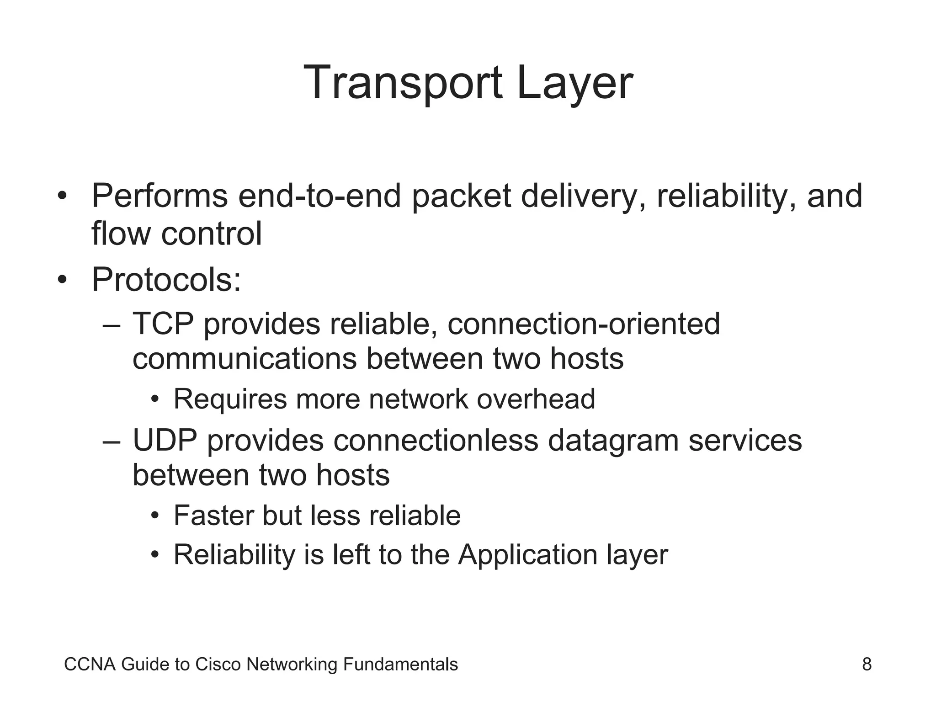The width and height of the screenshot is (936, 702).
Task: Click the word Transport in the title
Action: tap(403, 83)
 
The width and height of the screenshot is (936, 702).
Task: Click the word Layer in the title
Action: tap(574, 83)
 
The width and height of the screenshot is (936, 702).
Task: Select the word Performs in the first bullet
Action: tap(160, 196)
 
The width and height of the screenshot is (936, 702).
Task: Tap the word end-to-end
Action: tap(319, 196)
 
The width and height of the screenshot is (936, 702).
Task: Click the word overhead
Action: tap(536, 399)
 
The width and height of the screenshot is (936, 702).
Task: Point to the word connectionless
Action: tap(436, 440)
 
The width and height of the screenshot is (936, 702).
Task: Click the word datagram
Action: tap(613, 440)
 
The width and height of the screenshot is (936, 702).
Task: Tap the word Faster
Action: tap(213, 516)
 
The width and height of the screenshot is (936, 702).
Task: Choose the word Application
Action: tap(528, 555)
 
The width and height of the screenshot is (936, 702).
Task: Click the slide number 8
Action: tap(867, 664)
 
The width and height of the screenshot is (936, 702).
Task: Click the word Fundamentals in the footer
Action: tap(400, 664)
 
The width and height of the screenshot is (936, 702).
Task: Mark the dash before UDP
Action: tap(112, 441)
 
